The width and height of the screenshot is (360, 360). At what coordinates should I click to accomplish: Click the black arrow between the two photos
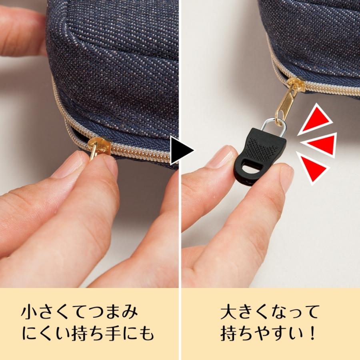[181, 151]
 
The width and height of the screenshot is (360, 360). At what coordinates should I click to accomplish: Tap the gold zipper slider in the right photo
[296, 84]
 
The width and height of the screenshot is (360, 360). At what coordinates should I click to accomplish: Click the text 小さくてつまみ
[80, 312]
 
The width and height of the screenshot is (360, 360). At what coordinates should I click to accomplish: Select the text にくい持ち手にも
[88, 333]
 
